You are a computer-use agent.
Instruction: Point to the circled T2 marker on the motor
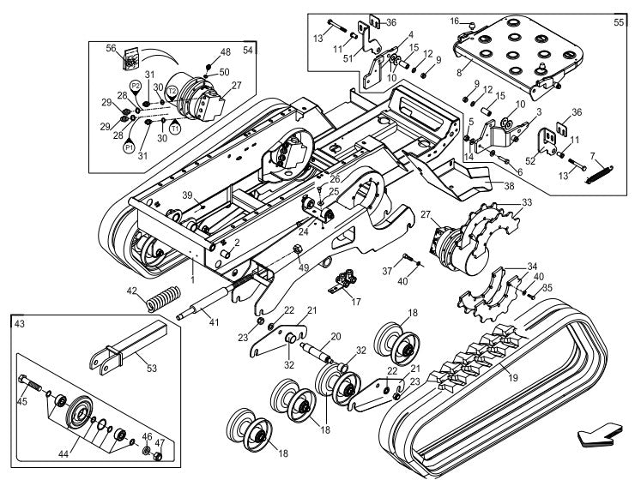[x=172, y=90]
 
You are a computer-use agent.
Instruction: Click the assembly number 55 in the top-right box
[x=618, y=21]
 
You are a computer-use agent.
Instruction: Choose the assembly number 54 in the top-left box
[x=248, y=50]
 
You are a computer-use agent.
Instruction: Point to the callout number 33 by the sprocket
[x=527, y=202]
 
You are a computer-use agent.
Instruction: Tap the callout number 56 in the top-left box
[x=111, y=49]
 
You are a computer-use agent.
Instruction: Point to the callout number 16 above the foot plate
[x=457, y=20]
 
